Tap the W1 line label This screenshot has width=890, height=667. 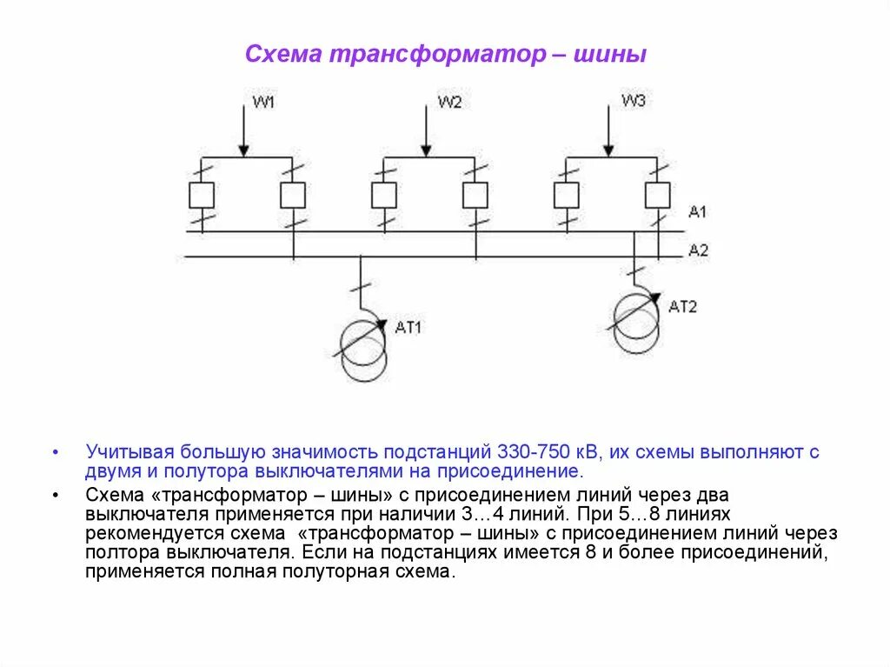[x=263, y=103]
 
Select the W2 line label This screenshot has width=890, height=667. [x=449, y=103]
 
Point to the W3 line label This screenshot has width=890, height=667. [x=633, y=101]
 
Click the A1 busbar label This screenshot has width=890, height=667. [x=698, y=212]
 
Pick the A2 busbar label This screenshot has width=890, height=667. [x=698, y=250]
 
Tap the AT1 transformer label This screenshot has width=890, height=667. [x=408, y=328]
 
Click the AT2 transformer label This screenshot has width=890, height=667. [x=683, y=306]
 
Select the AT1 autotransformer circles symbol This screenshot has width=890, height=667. [x=364, y=350]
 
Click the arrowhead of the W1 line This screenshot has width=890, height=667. [x=244, y=151]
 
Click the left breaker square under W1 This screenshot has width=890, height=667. [x=202, y=196]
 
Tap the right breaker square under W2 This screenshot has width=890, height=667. [x=475, y=196]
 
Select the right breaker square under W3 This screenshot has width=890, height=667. [x=657, y=196]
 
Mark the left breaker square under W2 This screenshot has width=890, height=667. [x=384, y=196]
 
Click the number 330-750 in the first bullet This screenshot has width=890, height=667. [x=532, y=453]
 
